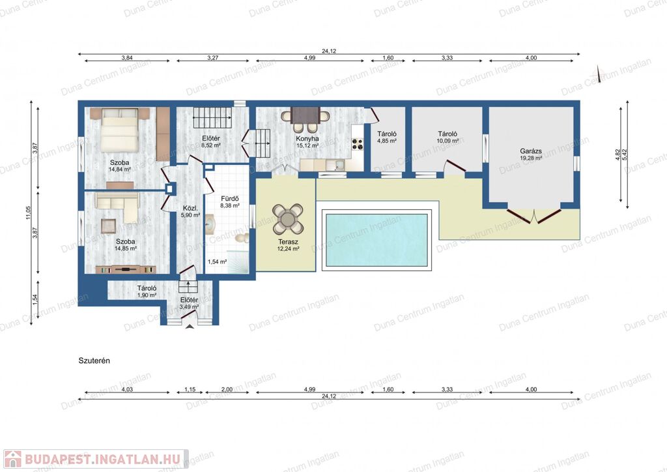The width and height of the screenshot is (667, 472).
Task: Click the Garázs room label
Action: click(531, 151)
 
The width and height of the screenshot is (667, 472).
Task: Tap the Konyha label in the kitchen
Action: click(307, 138)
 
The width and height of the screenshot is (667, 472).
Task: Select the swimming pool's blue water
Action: click(376, 240)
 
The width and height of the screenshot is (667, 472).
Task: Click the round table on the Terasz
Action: click(288, 219)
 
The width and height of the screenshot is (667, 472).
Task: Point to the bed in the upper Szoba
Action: click(120, 130)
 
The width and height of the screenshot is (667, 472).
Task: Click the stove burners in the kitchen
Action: click(358, 144)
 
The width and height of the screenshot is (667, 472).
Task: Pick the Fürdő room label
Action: click(230, 198)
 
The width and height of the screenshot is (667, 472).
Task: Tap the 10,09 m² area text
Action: click(447, 141)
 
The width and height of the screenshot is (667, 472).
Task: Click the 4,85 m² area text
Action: click(387, 141)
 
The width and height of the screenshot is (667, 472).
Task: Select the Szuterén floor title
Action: click(94, 361)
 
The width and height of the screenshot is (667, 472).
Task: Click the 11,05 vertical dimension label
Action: click(28, 213)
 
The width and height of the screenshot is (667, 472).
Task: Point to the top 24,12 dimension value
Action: click(329, 51)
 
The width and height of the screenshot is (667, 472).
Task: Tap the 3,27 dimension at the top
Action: click(213, 58)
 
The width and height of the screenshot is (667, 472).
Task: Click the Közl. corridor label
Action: click(190, 208)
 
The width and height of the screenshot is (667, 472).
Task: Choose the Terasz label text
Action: click(289, 242)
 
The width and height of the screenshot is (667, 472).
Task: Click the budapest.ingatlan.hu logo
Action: click(95, 459)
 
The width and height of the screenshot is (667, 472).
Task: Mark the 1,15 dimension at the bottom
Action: click(190, 389)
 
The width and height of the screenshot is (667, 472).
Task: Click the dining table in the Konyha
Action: click(306, 115)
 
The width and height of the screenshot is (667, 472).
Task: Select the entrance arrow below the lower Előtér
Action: click(190, 327)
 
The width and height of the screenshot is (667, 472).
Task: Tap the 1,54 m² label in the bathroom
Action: click(217, 261)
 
